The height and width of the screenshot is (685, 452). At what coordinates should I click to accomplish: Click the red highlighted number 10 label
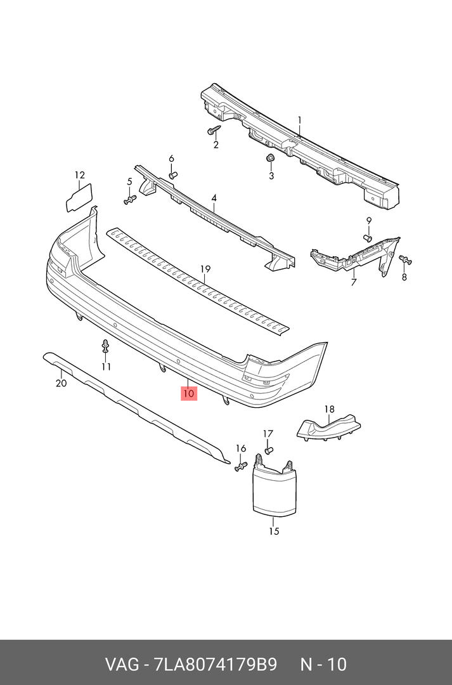click(189, 394)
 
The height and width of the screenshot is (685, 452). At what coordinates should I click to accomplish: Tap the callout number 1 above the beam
click(300, 120)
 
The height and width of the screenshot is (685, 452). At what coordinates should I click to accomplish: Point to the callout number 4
click(214, 199)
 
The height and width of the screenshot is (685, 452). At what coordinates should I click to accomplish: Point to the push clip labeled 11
click(106, 347)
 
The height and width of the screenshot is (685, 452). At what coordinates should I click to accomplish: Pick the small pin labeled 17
click(268, 450)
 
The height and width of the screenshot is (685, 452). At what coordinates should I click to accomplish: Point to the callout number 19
click(205, 270)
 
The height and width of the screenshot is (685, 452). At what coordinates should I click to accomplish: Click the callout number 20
click(60, 383)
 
